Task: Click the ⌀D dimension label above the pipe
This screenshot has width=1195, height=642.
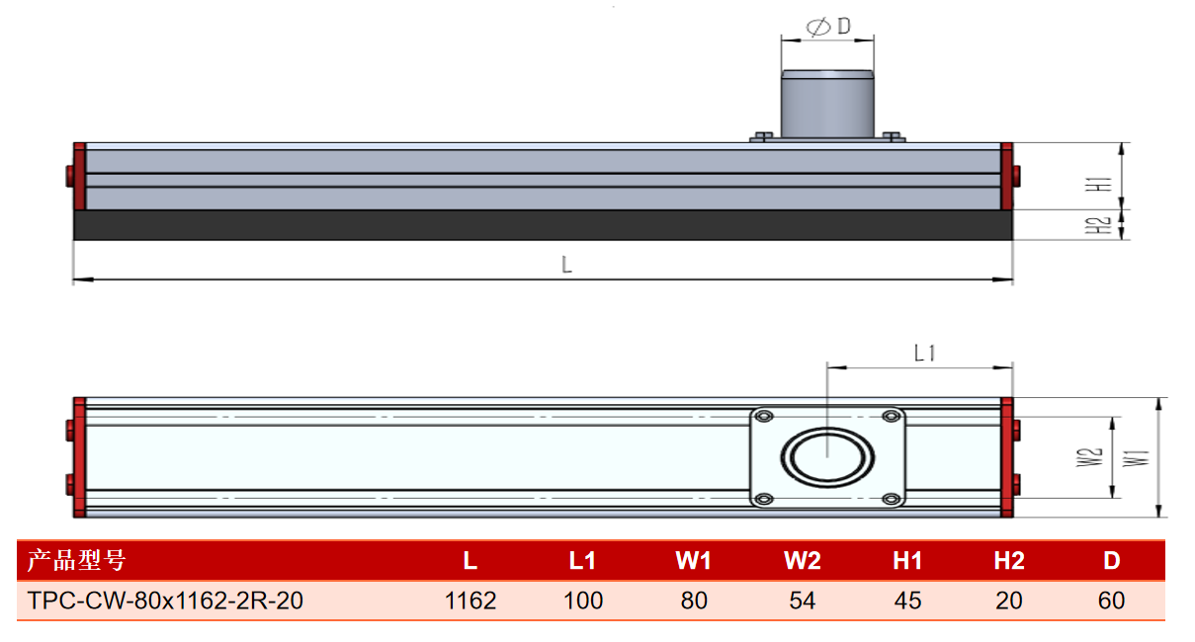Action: pyautogui.click(x=828, y=26)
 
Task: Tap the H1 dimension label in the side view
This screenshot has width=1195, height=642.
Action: pyautogui.click(x=1098, y=184)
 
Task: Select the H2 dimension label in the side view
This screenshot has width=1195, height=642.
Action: pyautogui.click(x=1098, y=225)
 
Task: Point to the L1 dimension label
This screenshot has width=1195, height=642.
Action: pyautogui.click(x=924, y=353)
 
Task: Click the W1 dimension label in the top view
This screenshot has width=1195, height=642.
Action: pyautogui.click(x=1136, y=458)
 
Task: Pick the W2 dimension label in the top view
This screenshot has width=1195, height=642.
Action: pyautogui.click(x=1089, y=457)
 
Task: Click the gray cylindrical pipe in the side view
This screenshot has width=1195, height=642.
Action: pyautogui.click(x=827, y=104)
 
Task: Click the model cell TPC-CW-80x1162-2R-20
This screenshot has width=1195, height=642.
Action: pyautogui.click(x=165, y=601)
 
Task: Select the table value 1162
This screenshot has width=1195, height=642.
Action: pyautogui.click(x=470, y=601)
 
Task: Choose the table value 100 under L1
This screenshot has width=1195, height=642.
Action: pyautogui.click(x=583, y=601)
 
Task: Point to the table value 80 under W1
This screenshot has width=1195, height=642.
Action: pyautogui.click(x=694, y=601)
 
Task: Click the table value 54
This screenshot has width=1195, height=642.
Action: pyautogui.click(x=803, y=601)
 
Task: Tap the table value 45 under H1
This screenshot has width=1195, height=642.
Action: pyautogui.click(x=908, y=601)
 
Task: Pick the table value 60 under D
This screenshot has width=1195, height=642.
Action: pyautogui.click(x=1111, y=601)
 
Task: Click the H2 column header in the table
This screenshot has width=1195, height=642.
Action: pyautogui.click(x=1009, y=561)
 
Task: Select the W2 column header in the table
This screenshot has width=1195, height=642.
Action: pyautogui.click(x=803, y=561)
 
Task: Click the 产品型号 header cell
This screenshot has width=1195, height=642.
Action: pyautogui.click(x=76, y=560)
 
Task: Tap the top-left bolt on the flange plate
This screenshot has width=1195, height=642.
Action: pyautogui.click(x=764, y=416)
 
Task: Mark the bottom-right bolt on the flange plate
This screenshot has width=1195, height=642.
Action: pyautogui.click(x=891, y=499)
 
